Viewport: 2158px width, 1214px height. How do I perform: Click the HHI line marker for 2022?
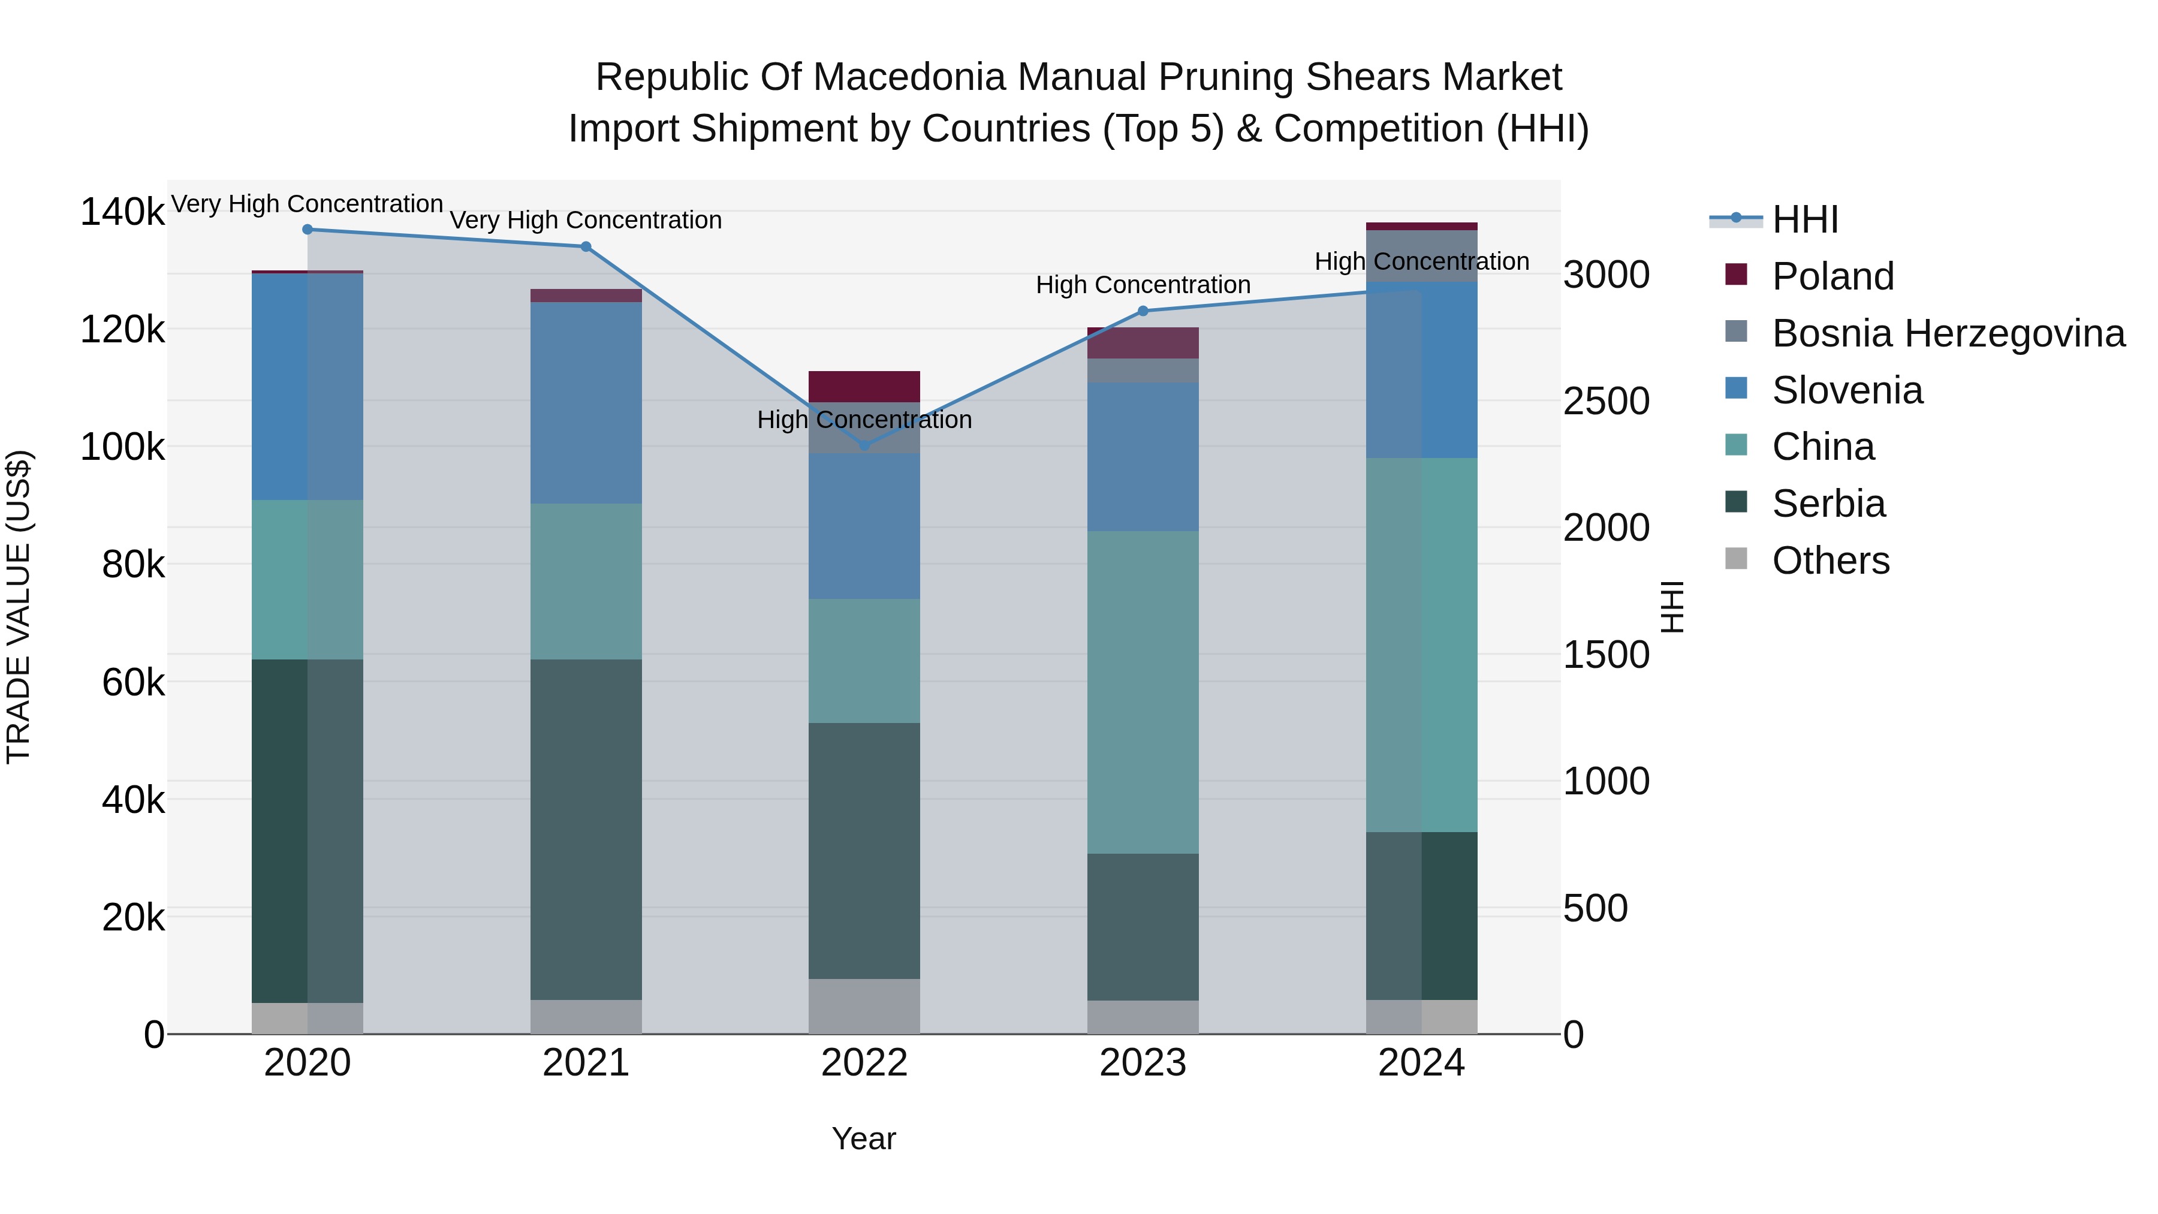[864, 445]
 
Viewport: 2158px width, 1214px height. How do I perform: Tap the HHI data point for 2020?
[308, 230]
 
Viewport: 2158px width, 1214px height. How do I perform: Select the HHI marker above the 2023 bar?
[1143, 311]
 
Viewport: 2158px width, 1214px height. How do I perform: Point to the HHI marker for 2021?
[586, 247]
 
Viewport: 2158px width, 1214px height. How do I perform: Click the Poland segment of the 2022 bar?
[864, 387]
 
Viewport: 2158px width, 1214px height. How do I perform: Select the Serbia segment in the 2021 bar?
[586, 830]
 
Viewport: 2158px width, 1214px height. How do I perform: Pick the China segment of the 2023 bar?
[1143, 692]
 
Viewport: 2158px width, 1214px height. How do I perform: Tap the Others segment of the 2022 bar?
[864, 1006]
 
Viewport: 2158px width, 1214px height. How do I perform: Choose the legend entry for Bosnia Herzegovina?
[1948, 333]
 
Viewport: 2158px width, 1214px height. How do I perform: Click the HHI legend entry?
[1806, 219]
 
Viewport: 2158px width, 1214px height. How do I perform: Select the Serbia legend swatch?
[1737, 503]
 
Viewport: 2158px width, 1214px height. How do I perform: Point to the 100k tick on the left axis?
[122, 447]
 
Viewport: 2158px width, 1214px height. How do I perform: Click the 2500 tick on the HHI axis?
[1606, 401]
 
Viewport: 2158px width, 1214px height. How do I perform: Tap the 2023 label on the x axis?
[1143, 1063]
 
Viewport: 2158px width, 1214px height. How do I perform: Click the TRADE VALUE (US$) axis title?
[19, 607]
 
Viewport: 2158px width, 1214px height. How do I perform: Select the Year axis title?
[864, 1138]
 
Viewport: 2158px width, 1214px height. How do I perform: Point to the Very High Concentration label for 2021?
[586, 221]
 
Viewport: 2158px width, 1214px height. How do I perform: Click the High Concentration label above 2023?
[1143, 285]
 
